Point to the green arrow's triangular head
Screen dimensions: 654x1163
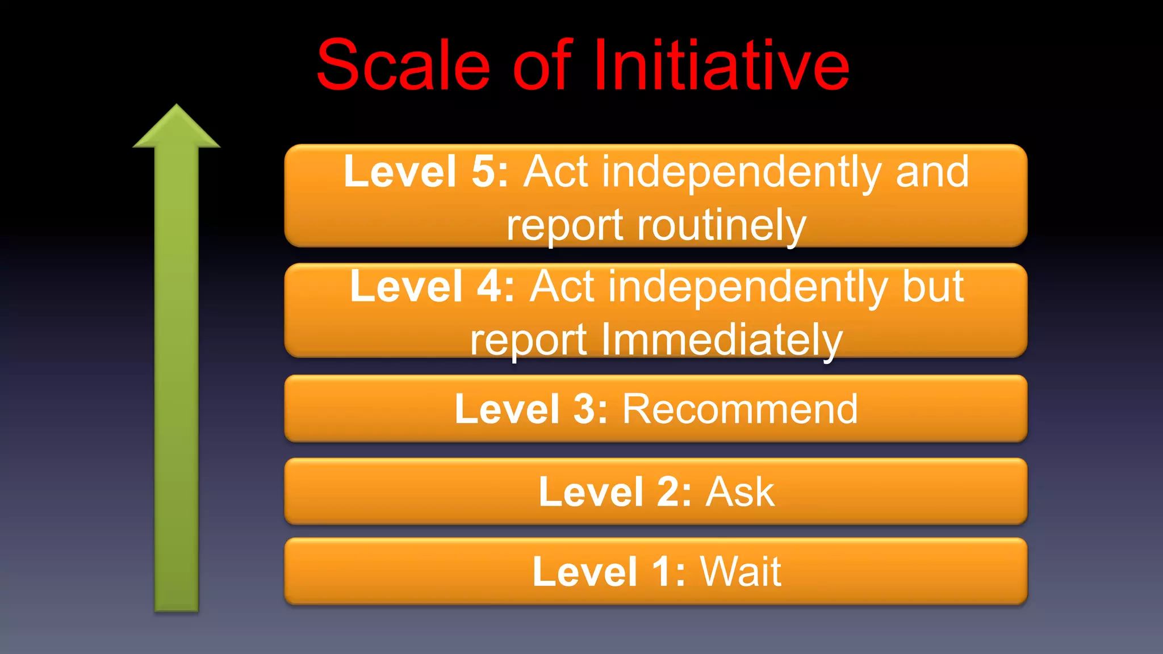coord(177,128)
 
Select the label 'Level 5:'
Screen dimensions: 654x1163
coord(426,171)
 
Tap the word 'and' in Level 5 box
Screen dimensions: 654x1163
coord(932,171)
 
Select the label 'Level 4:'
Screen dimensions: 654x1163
coord(432,286)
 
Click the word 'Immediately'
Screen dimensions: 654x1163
coord(721,340)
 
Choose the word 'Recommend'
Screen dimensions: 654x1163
coord(740,409)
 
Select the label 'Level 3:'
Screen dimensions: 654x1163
coord(531,409)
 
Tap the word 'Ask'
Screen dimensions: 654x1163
coord(740,492)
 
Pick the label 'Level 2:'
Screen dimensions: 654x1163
coord(615,492)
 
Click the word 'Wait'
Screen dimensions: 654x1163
coord(741,571)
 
